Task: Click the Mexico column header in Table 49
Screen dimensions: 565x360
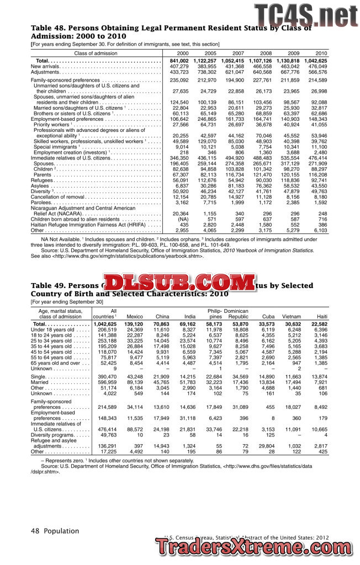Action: click(x=135, y=316)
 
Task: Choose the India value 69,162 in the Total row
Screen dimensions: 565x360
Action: click(x=188, y=323)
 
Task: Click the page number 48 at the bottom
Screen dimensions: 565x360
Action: click(x=35, y=531)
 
